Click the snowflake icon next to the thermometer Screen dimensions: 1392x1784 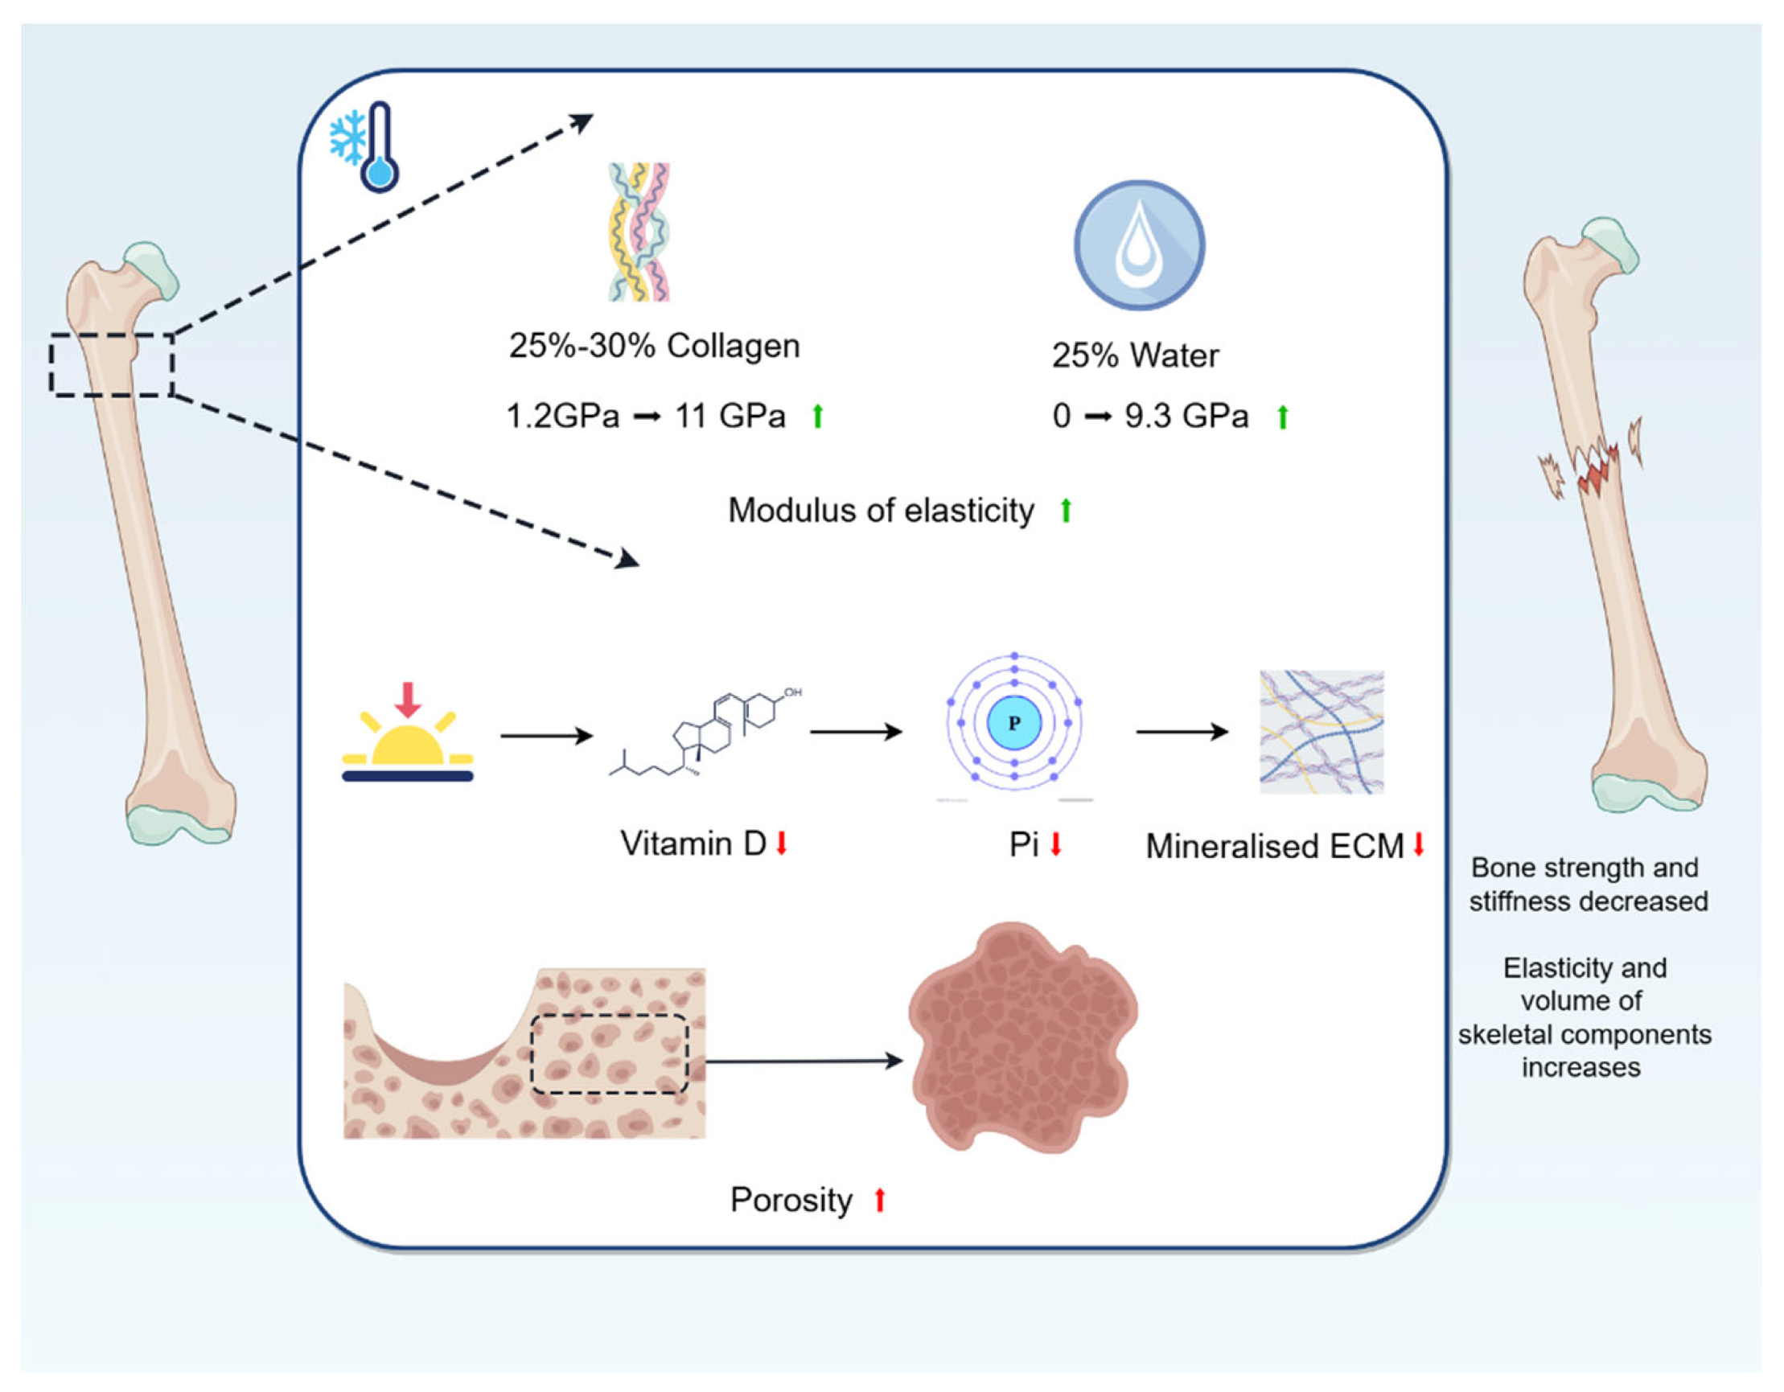(347, 138)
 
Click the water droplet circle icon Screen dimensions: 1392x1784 (1139, 245)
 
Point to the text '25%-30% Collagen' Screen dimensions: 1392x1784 (654, 347)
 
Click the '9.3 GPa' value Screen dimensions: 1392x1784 (1186, 417)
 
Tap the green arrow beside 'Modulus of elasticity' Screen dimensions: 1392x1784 (1065, 511)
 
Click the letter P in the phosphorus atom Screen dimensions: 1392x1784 (1013, 723)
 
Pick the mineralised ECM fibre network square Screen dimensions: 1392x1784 (1321, 732)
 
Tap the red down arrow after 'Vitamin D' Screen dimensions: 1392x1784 (781, 843)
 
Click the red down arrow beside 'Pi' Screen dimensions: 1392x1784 (1055, 844)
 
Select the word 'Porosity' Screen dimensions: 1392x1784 (791, 1200)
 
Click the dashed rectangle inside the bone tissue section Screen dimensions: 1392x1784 (610, 1053)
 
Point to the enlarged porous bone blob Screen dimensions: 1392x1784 (1022, 1037)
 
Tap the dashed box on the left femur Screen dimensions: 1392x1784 (112, 365)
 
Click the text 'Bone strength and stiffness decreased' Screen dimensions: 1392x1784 (1587, 885)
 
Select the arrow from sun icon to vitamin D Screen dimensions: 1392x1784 (545, 735)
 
